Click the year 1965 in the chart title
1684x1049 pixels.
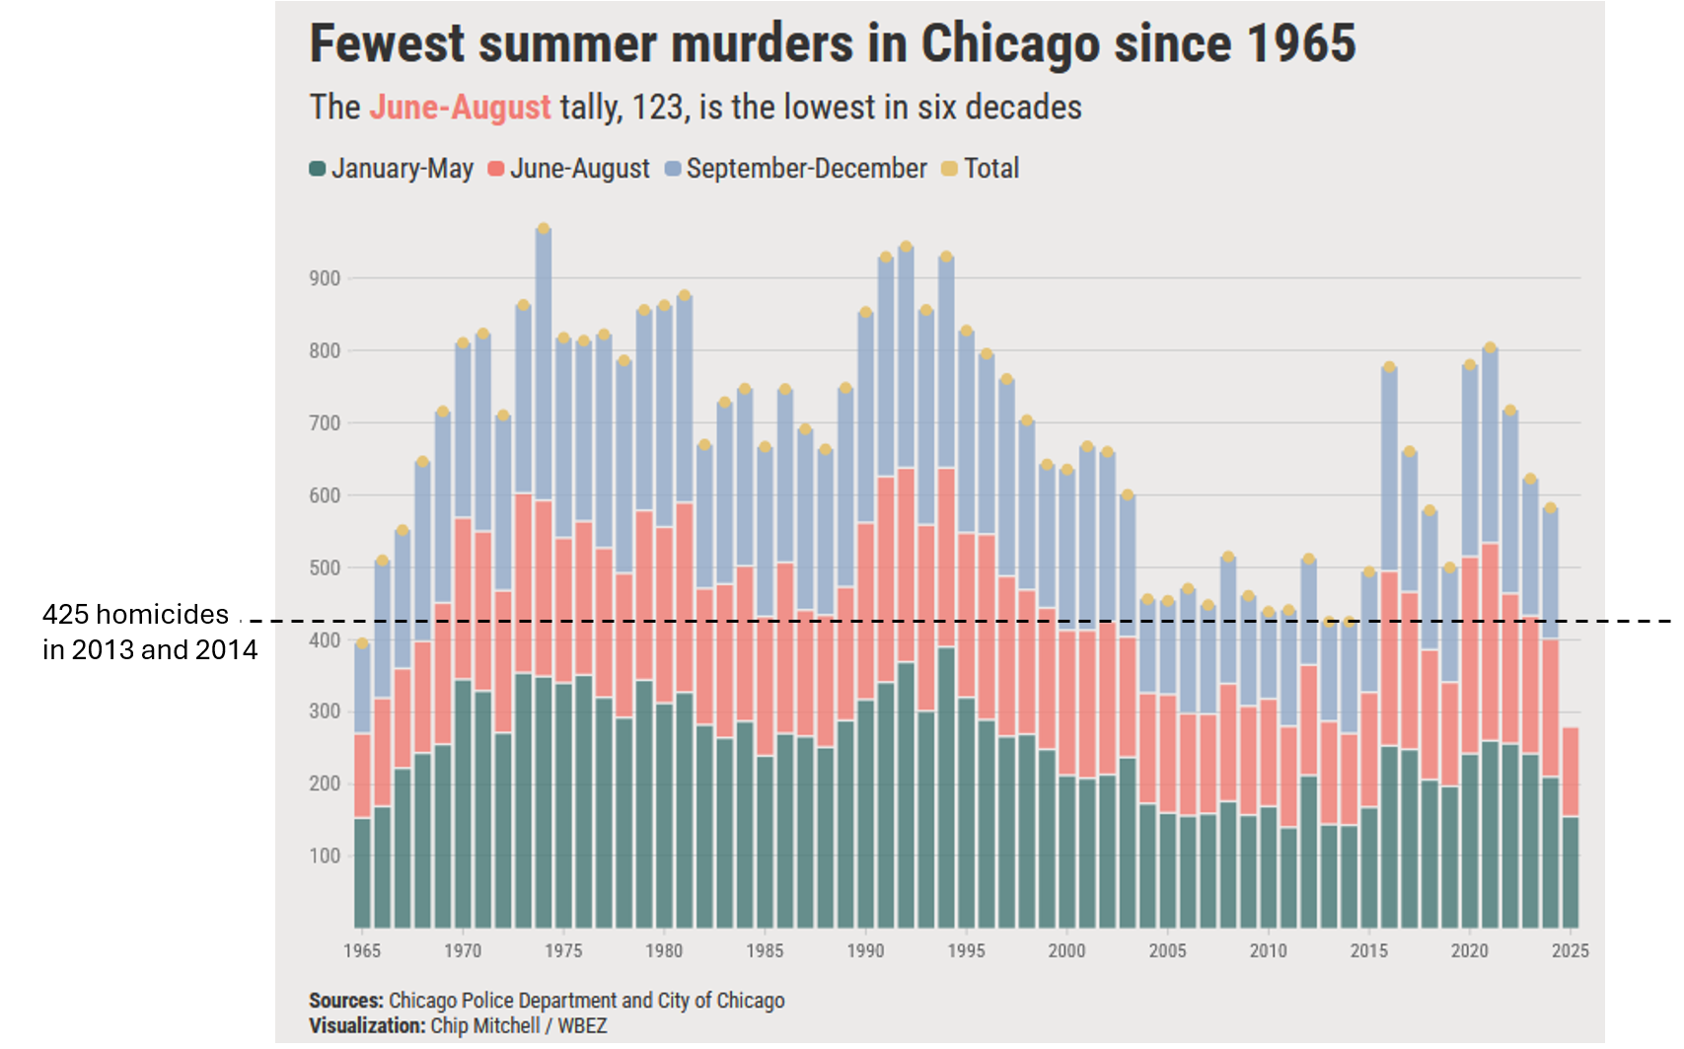tap(1301, 44)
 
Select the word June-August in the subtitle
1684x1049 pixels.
tap(460, 107)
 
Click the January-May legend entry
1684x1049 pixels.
tap(392, 169)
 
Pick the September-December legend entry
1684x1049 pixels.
tap(796, 169)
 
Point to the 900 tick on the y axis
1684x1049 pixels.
tap(325, 278)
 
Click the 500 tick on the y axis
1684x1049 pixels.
tap(325, 567)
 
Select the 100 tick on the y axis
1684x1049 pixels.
tap(325, 856)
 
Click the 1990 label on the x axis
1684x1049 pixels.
tap(865, 950)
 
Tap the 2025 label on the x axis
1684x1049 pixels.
tap(1570, 950)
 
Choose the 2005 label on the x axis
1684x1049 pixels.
tap(1167, 950)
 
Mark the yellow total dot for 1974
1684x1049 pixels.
tap(544, 229)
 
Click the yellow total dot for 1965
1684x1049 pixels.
tap(362, 643)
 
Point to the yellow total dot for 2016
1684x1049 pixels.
tap(1389, 367)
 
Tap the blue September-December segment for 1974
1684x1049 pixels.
tap(544, 365)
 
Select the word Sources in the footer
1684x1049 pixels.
tap(345, 1001)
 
